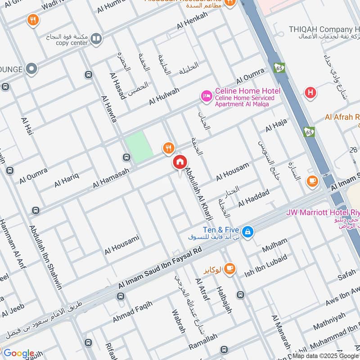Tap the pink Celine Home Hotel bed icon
207,96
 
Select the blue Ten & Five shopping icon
247,232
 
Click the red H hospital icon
310,93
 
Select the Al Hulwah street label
164,97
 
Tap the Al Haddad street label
254,198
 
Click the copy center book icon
95,39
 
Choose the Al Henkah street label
193,21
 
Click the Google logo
19,353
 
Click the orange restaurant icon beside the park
168,147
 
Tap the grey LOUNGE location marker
31,69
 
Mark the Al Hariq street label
67,180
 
